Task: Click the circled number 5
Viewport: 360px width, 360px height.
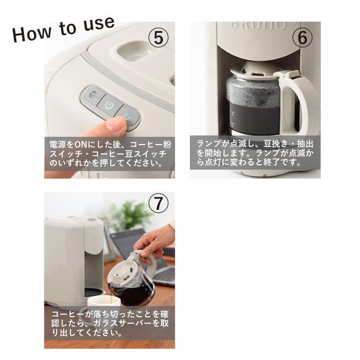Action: (158, 38)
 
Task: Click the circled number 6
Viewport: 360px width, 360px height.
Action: (302, 38)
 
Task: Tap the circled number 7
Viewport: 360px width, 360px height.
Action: (158, 203)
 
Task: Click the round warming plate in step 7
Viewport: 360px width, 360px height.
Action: (92, 292)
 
